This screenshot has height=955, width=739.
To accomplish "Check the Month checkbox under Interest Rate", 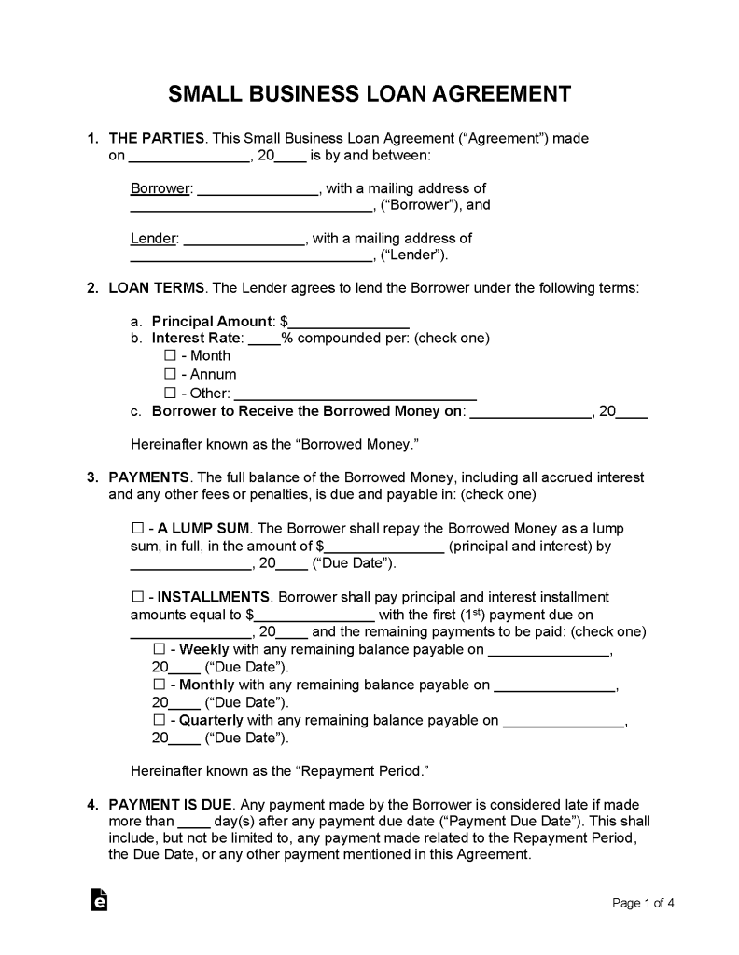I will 170,355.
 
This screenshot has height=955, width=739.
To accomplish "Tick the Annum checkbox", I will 170,374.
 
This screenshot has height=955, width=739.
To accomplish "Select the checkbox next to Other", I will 170,394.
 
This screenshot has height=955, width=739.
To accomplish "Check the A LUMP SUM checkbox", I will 138,529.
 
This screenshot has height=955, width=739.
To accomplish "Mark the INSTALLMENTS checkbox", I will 138,597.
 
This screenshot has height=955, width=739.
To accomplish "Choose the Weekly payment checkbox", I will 158,649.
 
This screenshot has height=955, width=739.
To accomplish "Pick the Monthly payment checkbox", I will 158,685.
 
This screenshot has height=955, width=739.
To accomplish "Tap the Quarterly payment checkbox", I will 158,720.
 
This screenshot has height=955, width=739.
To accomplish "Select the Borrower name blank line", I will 258,189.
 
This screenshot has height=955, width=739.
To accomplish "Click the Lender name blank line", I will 244,240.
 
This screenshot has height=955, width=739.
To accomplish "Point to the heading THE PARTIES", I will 157,138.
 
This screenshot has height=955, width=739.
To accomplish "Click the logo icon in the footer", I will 99,900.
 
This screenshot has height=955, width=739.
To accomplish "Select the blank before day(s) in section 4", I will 193,822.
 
